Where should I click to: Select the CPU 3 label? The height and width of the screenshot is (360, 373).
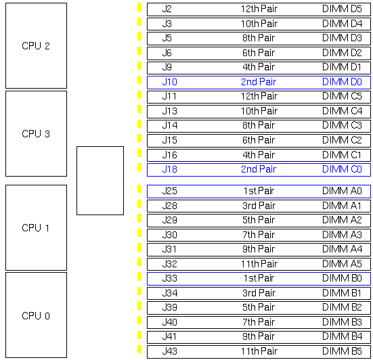click(x=36, y=134)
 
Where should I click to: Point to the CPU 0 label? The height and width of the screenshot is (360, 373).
click(x=36, y=316)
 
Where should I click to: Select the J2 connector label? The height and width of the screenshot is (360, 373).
click(x=167, y=9)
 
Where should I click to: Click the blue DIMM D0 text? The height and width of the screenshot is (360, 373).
click(x=342, y=82)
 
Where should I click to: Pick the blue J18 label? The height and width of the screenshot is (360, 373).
click(x=170, y=169)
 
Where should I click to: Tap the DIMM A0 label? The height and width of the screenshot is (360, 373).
click(x=342, y=191)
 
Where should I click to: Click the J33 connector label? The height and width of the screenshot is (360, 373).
click(x=170, y=278)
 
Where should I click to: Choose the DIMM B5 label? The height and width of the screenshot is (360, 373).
click(x=342, y=351)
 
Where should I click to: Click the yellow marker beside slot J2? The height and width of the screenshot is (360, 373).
click(x=139, y=7)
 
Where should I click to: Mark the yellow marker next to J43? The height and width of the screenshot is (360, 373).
click(x=139, y=349)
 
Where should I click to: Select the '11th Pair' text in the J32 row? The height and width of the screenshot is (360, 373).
click(x=259, y=264)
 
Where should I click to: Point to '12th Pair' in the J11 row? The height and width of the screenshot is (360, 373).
click(x=259, y=96)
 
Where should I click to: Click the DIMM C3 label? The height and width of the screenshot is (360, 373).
click(x=342, y=125)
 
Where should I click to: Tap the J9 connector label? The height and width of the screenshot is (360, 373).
click(x=167, y=67)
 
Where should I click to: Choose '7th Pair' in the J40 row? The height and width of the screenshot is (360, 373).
click(x=259, y=322)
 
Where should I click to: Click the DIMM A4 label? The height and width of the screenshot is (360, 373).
click(x=342, y=249)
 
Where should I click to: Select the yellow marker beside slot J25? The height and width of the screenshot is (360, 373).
click(x=139, y=189)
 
